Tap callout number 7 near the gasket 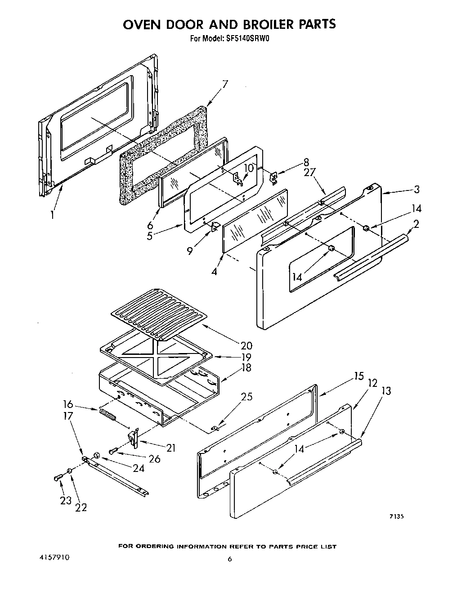pyautogui.click(x=224, y=84)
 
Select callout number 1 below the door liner pyautogui.click(x=53, y=215)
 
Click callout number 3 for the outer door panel pyautogui.click(x=417, y=189)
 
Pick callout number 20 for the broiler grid pyautogui.click(x=246, y=345)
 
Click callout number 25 pyautogui.click(x=246, y=397)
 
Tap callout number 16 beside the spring pyautogui.click(x=68, y=404)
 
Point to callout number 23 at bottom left pyautogui.click(x=66, y=501)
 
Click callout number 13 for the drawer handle pyautogui.click(x=385, y=390)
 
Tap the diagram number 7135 pyautogui.click(x=396, y=517)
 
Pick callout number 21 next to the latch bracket pyautogui.click(x=170, y=448)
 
